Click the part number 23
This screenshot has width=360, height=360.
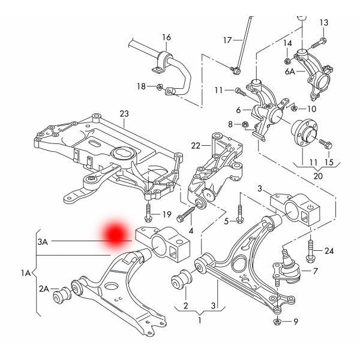coord(124,114)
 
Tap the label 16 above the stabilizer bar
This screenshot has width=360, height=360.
coord(166,37)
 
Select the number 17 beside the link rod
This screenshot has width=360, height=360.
coord(227,40)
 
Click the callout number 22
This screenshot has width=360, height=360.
coord(196,146)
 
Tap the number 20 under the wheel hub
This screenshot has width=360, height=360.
coord(317,176)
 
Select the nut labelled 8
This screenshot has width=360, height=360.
coord(246,125)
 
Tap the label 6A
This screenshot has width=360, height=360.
coord(290,71)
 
